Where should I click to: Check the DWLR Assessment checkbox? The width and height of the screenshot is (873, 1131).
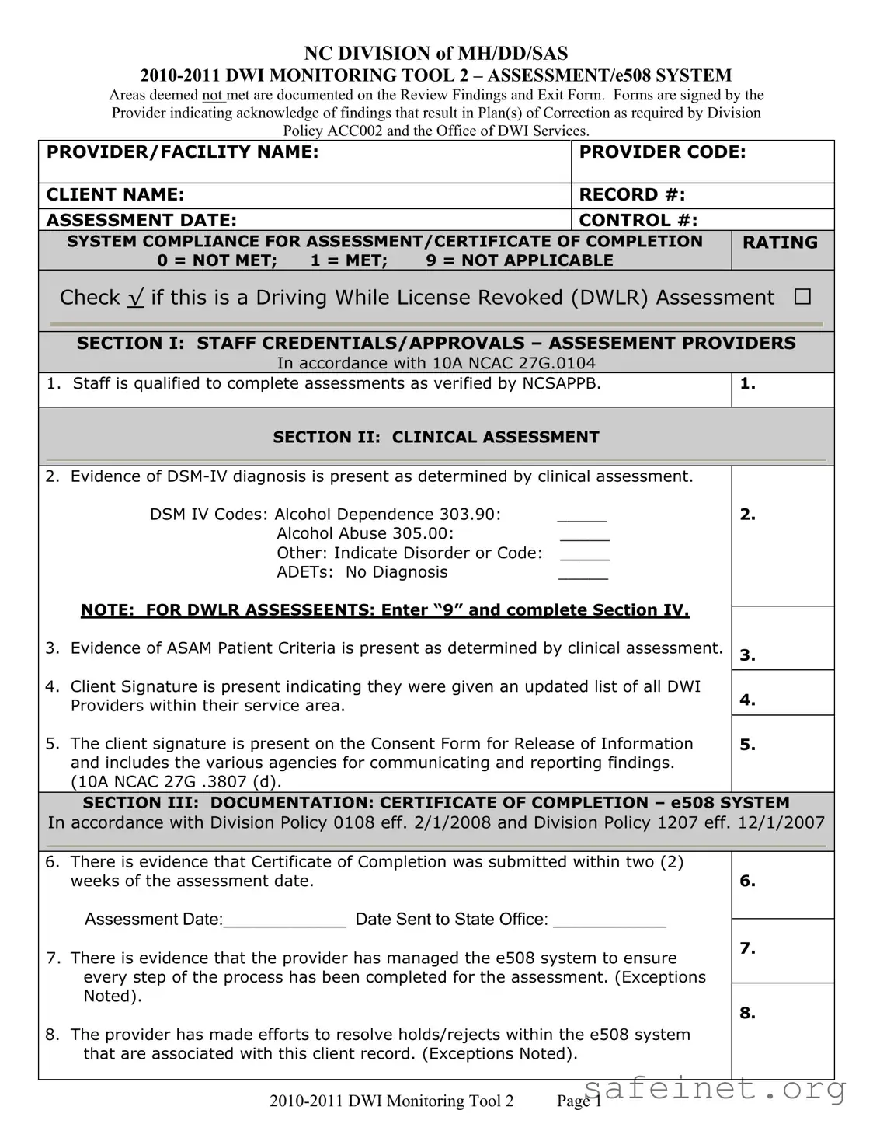pyautogui.click(x=802, y=297)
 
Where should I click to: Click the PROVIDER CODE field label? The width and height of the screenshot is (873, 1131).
pyautogui.click(x=662, y=152)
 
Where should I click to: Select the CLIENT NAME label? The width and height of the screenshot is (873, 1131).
pyautogui.click(x=115, y=194)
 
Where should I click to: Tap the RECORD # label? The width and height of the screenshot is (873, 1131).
pyautogui.click(x=631, y=194)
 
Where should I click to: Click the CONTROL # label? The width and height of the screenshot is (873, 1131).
pyautogui.click(x=638, y=221)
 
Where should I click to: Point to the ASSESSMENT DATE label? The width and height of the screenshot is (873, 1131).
pyautogui.click(x=141, y=221)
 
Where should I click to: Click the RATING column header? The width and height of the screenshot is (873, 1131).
pyautogui.click(x=780, y=243)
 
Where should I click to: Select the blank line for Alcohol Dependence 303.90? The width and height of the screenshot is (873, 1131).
pyautogui.click(x=582, y=518)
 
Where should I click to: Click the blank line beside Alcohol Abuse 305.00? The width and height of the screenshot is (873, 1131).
pyautogui.click(x=584, y=537)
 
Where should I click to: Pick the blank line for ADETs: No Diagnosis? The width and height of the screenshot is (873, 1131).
pyautogui.click(x=583, y=576)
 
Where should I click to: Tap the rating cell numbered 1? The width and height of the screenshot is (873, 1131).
pyautogui.click(x=782, y=389)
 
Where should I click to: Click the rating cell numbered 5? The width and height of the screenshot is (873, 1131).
pyautogui.click(x=782, y=752)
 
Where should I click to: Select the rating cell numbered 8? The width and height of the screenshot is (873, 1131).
pyautogui.click(x=782, y=1030)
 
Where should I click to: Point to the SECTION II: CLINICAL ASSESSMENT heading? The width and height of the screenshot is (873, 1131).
pyautogui.click(x=436, y=437)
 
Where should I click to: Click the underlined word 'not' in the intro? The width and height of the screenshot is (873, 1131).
pyautogui.click(x=212, y=96)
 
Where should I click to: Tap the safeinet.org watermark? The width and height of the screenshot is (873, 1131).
pyautogui.click(x=715, y=1090)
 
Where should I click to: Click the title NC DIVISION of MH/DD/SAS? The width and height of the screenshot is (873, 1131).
pyautogui.click(x=436, y=54)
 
